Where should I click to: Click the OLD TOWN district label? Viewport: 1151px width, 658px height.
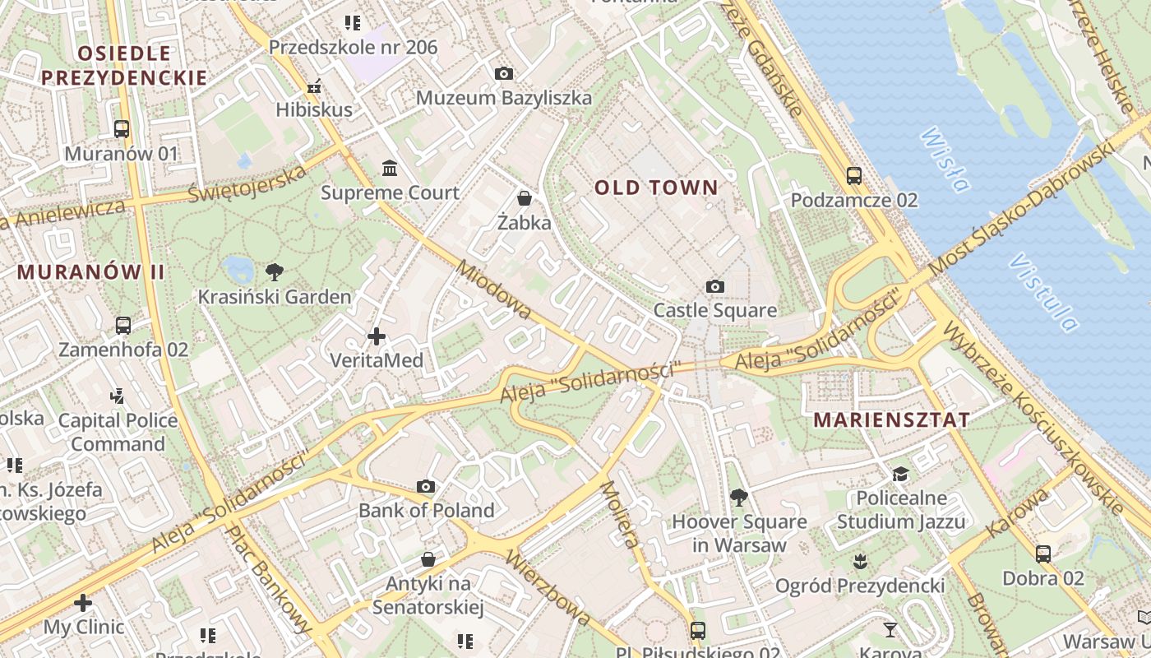656,188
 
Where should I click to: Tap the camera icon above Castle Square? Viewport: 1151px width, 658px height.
715,286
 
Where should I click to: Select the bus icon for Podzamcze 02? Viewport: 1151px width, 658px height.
854,175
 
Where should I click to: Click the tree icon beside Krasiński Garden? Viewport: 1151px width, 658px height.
275,272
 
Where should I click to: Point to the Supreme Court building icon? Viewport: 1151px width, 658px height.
391,169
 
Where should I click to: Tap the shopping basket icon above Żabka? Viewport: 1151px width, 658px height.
525,198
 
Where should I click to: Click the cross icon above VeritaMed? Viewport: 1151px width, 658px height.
377,336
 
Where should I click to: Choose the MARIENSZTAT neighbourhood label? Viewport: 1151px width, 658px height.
891,419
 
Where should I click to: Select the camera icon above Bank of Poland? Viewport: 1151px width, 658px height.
426,486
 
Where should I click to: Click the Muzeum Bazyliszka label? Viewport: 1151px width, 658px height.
503,98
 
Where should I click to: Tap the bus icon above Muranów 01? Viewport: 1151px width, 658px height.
122,129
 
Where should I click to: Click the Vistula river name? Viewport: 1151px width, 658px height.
1044,293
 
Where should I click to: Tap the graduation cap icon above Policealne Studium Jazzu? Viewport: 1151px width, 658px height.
901,474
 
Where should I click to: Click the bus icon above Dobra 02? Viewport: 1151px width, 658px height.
1043,554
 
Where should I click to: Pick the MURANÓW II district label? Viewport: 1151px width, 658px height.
90,272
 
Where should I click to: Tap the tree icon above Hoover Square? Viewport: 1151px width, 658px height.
739,497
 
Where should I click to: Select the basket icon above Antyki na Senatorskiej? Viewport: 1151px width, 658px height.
428,560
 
